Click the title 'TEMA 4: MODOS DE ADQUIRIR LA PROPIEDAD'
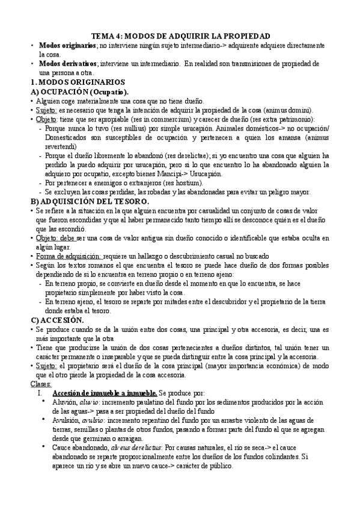[x=180, y=36]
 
